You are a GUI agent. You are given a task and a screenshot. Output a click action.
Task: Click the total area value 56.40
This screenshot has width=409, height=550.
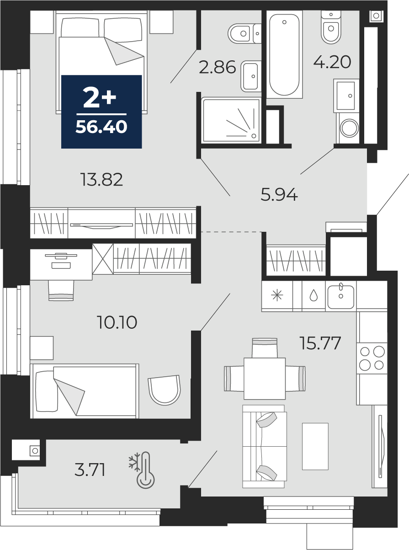click(x=101, y=127)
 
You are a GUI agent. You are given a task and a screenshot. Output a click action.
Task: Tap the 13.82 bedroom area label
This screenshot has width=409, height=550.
click(x=101, y=180)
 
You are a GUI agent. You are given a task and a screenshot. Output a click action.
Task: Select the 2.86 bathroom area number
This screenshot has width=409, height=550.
click(x=217, y=68)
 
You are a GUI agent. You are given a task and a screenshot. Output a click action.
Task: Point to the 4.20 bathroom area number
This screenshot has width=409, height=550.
click(x=332, y=62)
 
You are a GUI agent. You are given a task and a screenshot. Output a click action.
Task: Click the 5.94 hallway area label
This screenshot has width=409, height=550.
click(x=279, y=195)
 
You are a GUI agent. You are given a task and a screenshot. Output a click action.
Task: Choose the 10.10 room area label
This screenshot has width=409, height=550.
click(x=117, y=323)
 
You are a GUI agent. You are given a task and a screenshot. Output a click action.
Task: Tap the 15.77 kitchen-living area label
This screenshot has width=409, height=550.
click(x=320, y=343)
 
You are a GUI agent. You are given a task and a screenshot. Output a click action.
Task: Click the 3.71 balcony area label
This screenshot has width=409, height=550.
click(x=90, y=470)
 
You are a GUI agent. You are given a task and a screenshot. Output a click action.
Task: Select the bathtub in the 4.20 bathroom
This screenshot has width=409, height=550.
click(x=284, y=54)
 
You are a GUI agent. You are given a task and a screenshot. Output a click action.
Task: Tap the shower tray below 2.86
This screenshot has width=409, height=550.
click(x=231, y=120)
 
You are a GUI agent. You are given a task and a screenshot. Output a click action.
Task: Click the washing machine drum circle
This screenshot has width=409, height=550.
click(x=350, y=128)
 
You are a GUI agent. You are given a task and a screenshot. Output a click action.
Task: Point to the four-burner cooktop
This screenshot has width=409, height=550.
click(x=372, y=358)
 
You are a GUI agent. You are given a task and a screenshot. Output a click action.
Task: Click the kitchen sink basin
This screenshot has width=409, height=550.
click(x=340, y=297)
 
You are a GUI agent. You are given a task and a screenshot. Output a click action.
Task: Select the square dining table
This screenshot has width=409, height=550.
click(x=265, y=379)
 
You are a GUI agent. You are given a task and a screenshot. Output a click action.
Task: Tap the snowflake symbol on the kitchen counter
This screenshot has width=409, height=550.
click(x=277, y=295)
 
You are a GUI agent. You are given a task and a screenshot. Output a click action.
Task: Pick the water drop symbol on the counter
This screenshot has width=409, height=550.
click(x=313, y=295)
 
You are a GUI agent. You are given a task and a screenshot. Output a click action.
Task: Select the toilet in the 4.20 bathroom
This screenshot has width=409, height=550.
click(x=331, y=27)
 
